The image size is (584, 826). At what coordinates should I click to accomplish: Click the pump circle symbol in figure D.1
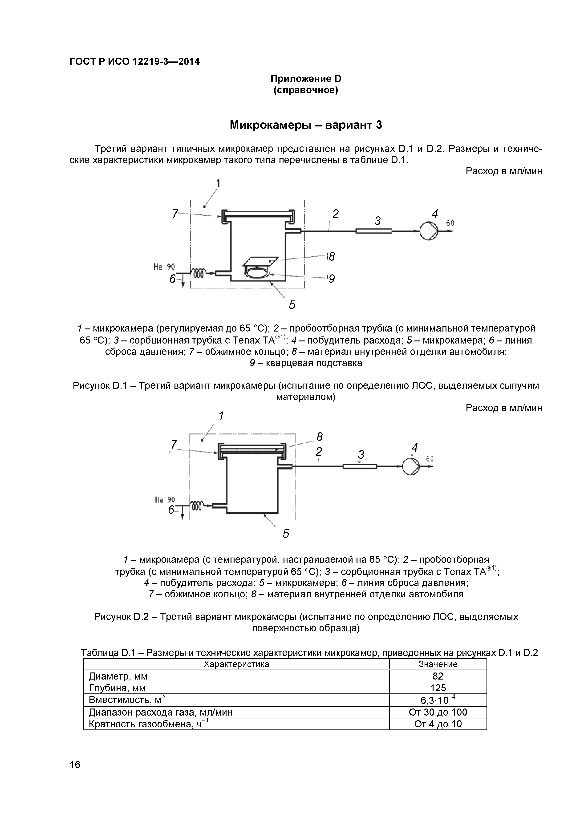(429, 231)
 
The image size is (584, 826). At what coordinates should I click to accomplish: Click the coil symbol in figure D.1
(199, 273)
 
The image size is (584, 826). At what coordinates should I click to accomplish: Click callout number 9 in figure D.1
(331, 279)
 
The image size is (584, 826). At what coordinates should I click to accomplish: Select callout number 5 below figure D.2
(286, 534)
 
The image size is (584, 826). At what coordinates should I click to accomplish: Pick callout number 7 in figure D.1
(175, 214)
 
